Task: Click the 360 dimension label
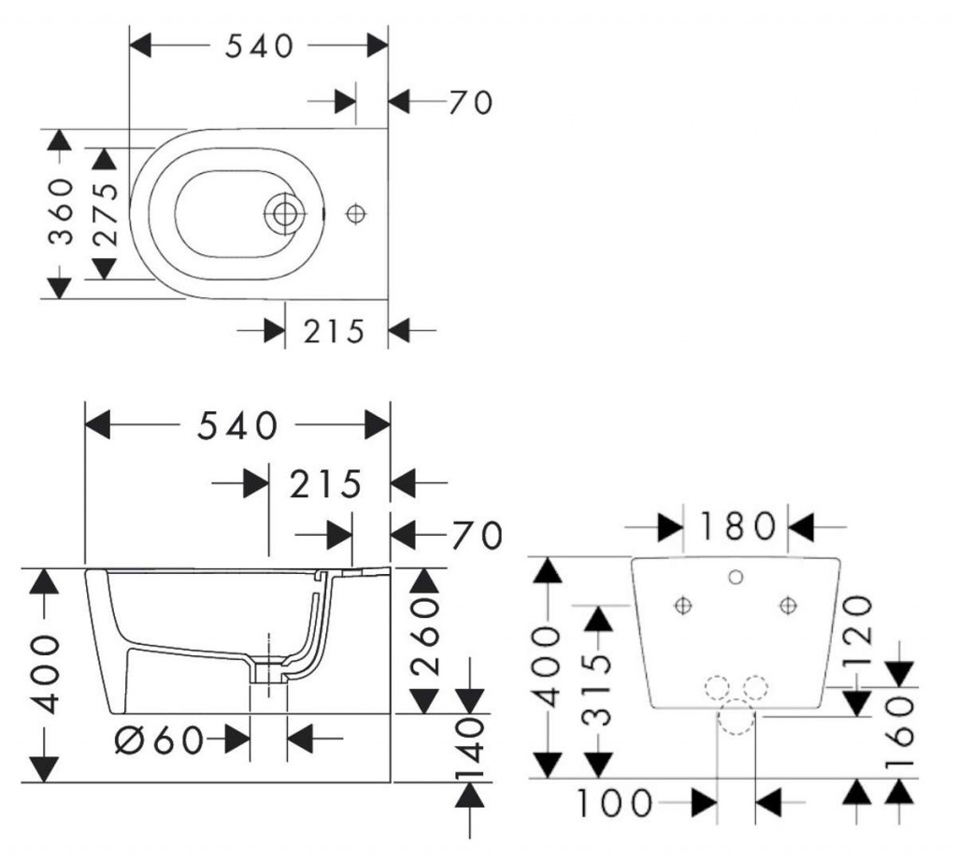point(62,211)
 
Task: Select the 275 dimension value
point(105,212)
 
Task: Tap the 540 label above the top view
point(260,46)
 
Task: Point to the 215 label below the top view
point(334,331)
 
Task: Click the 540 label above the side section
point(237,426)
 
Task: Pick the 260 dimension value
point(425,639)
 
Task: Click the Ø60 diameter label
point(160,740)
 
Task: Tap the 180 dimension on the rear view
point(736,527)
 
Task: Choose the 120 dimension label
point(859,623)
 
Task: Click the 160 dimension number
point(901,733)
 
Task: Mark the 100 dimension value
point(613,803)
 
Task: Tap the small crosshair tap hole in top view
point(354,214)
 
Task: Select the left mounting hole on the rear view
point(683,606)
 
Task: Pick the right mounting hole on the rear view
point(788,606)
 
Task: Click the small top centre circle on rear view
point(736,577)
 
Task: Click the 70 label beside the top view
point(469,102)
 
